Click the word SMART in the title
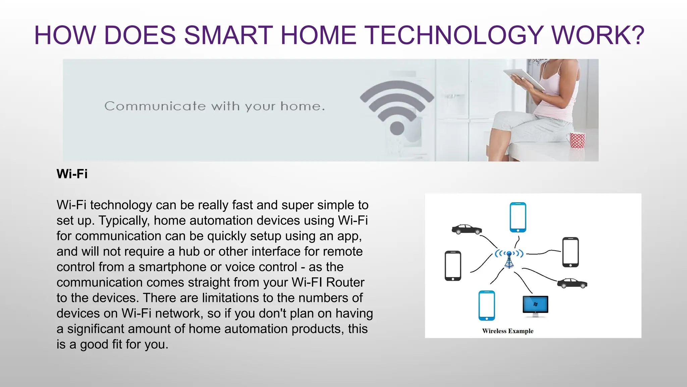(x=228, y=35)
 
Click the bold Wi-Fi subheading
(x=72, y=174)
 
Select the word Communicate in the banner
(x=155, y=106)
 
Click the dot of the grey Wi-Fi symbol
(x=397, y=128)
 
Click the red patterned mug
(x=577, y=140)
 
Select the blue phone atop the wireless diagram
(x=518, y=217)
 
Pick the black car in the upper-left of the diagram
(x=467, y=229)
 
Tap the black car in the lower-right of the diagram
(x=572, y=283)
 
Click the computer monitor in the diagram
(x=535, y=306)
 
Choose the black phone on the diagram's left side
(x=453, y=266)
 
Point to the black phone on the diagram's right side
(x=571, y=252)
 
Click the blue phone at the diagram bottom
(x=487, y=306)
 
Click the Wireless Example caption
(x=508, y=331)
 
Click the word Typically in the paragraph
(x=124, y=221)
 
